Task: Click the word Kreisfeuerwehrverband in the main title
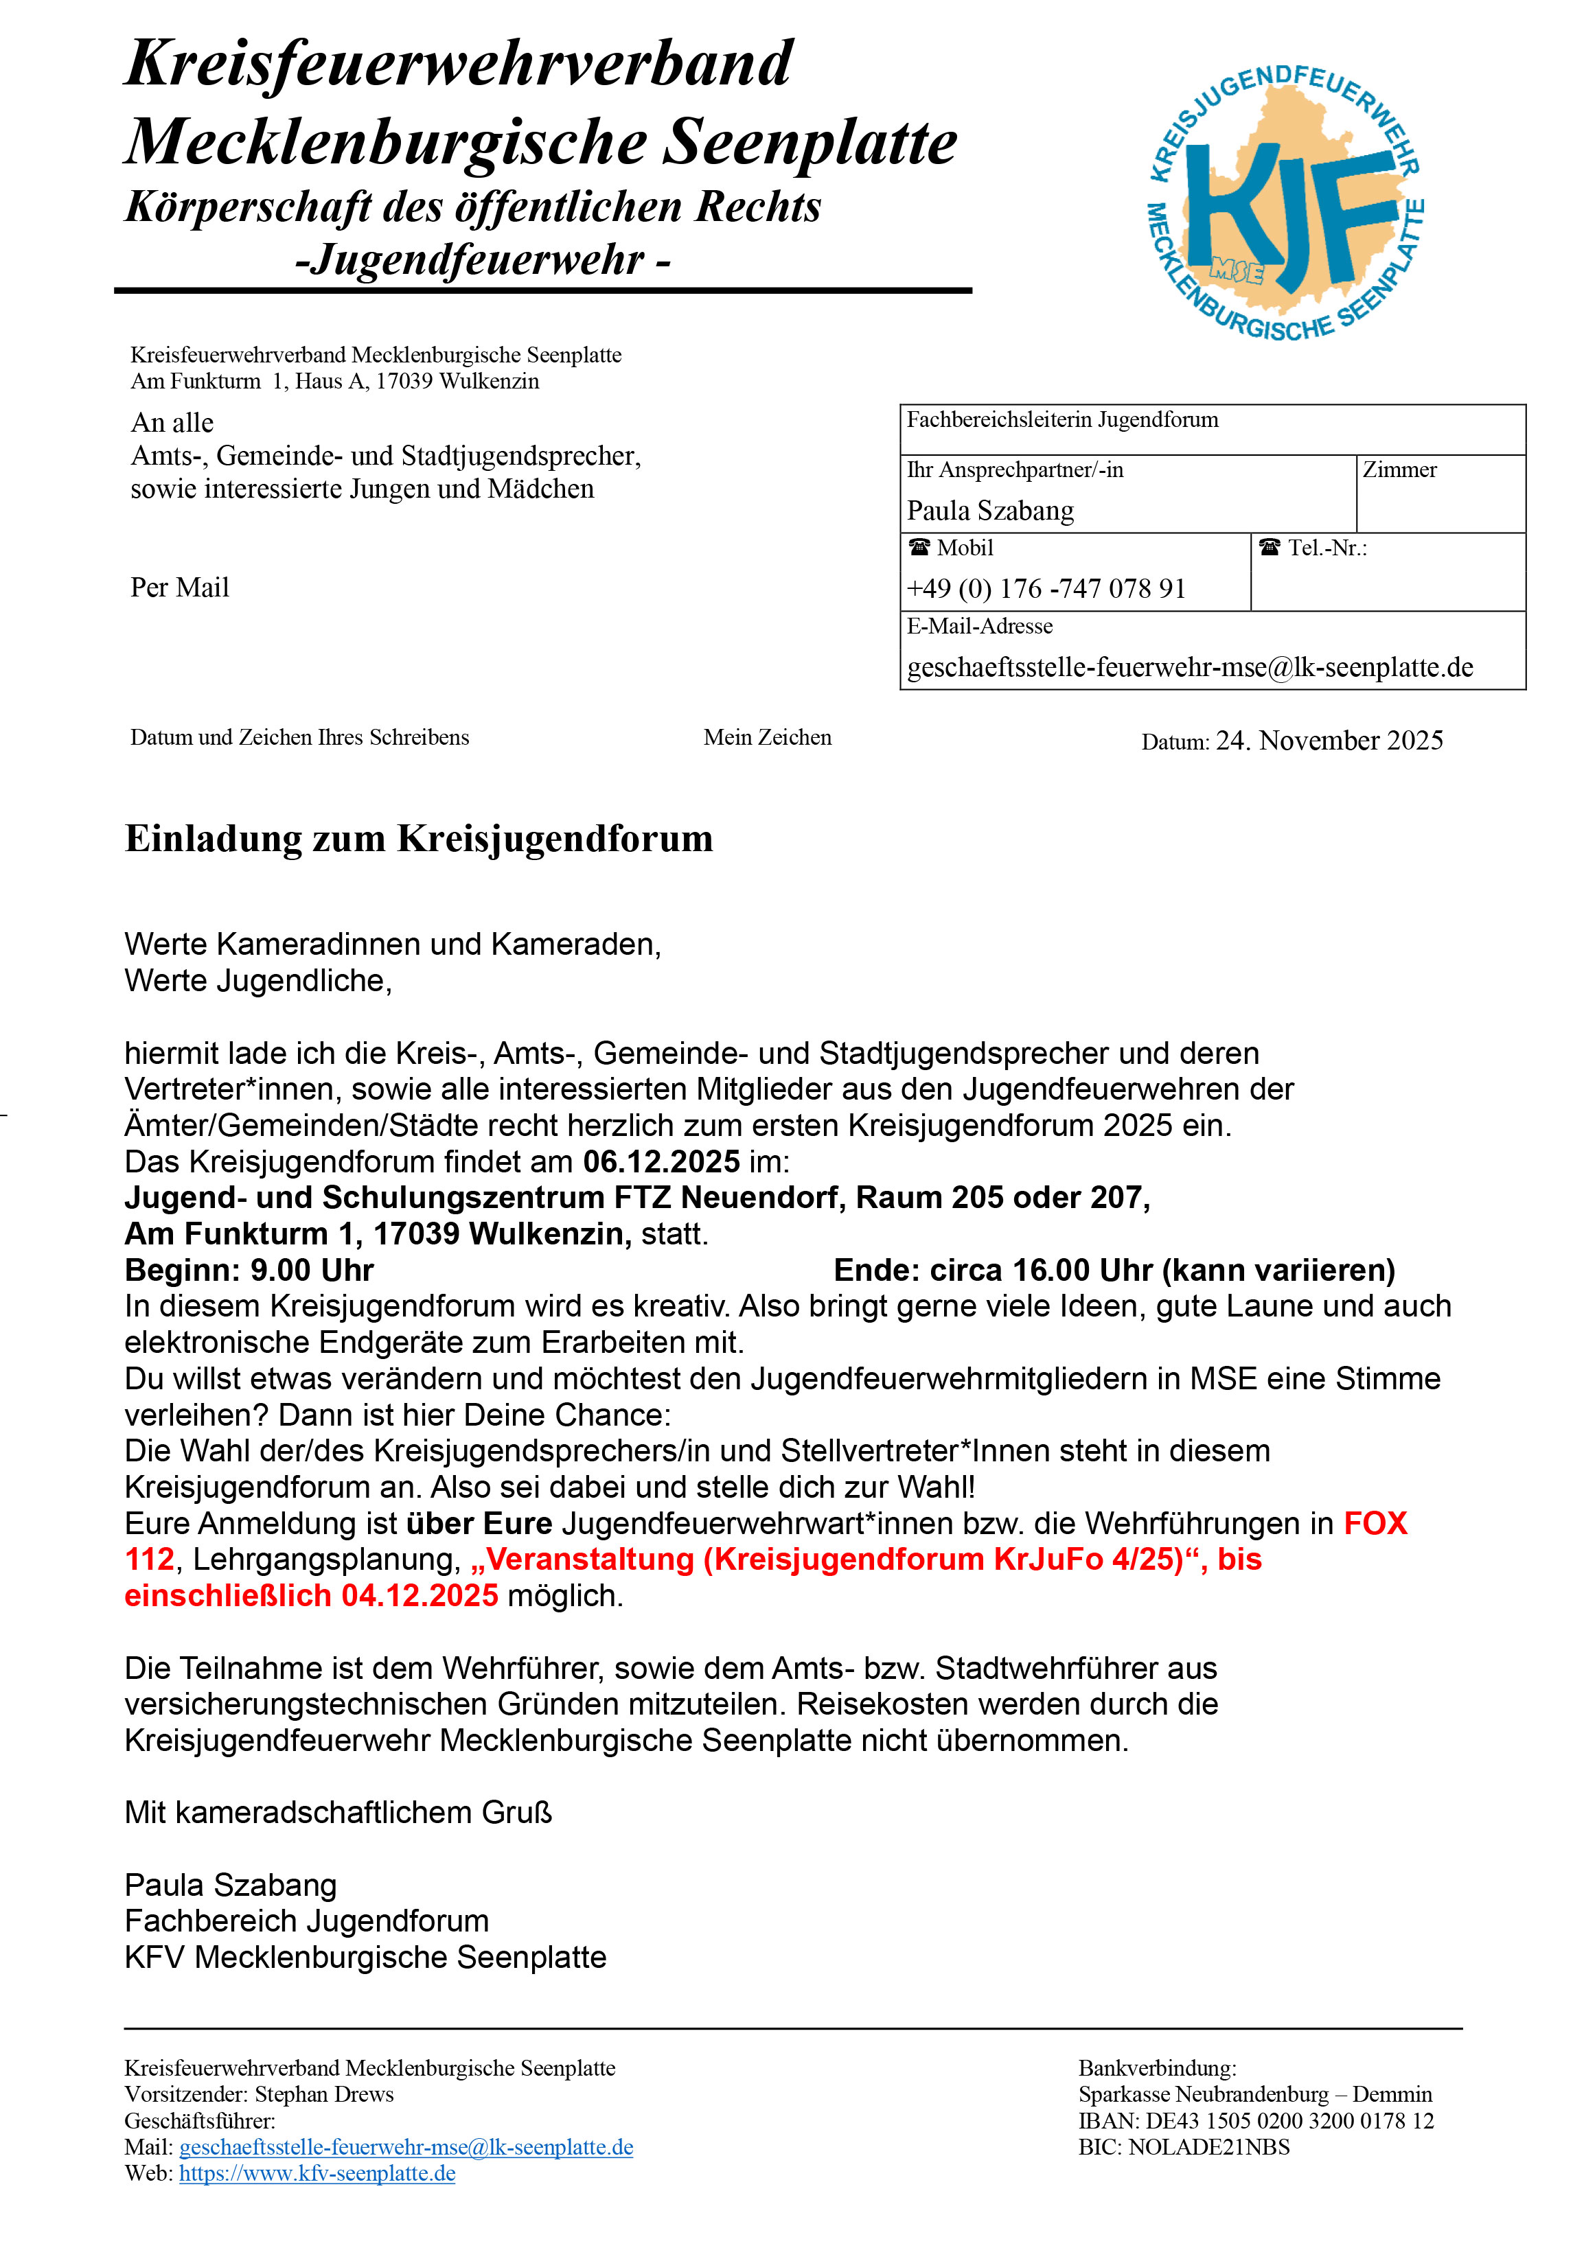point(458,65)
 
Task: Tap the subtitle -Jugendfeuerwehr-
point(482,259)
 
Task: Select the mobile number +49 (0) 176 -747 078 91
point(1046,588)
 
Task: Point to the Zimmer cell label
point(1399,470)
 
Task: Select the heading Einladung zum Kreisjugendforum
point(419,839)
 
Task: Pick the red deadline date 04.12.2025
point(420,1595)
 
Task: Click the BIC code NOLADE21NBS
point(1208,2146)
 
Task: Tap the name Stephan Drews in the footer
point(323,2094)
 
